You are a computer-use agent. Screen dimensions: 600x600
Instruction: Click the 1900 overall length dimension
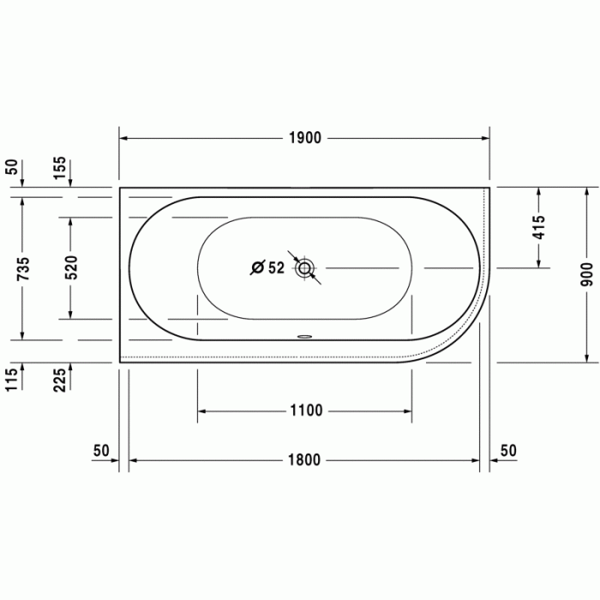pos(304,138)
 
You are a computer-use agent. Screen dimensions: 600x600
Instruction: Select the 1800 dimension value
pos(304,460)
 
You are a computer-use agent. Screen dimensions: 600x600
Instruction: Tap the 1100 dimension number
pos(305,411)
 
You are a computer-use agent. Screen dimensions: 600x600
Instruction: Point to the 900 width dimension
pos(586,273)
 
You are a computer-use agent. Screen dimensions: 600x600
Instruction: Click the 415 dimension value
pos(538,227)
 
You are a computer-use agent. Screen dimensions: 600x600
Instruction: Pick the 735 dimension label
pos(23,267)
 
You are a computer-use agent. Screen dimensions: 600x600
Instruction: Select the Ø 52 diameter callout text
pos(267,268)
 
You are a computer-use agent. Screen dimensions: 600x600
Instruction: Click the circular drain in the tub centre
pos(304,268)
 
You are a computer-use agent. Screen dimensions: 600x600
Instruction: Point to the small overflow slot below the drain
pos(304,336)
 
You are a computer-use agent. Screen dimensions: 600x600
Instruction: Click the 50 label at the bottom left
pos(101,450)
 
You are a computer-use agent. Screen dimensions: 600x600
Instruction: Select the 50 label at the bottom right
pos(508,450)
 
